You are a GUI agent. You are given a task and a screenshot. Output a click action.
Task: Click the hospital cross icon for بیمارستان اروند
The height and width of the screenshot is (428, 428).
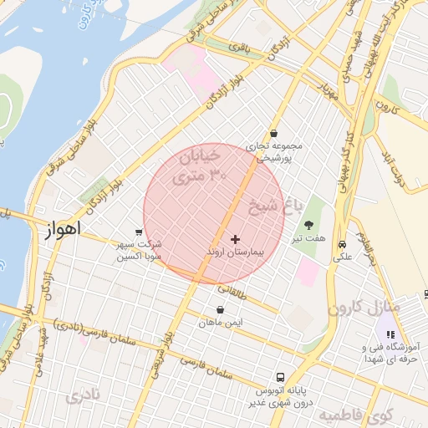tap(235, 239)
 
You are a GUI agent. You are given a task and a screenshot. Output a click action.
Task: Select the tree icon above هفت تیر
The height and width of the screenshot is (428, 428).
tap(309, 224)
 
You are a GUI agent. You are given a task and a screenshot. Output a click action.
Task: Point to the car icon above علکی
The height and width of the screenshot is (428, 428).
tap(343, 244)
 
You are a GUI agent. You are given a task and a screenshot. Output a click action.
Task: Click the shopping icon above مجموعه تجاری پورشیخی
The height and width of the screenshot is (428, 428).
tap(273, 134)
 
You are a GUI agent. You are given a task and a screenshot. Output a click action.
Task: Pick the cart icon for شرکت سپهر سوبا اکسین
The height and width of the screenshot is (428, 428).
tap(139, 232)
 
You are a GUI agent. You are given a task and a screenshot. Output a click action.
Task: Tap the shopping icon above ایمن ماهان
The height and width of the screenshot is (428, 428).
tap(218, 309)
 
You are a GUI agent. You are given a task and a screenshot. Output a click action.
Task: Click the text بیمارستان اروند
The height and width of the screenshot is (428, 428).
tap(235, 251)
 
